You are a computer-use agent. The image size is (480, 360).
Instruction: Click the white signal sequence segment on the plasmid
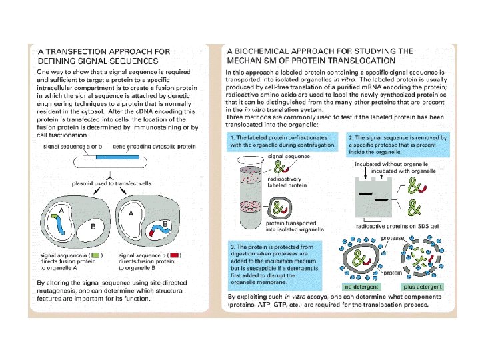pos(88,157)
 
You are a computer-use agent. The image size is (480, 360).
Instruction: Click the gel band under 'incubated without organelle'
pos(365,191)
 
